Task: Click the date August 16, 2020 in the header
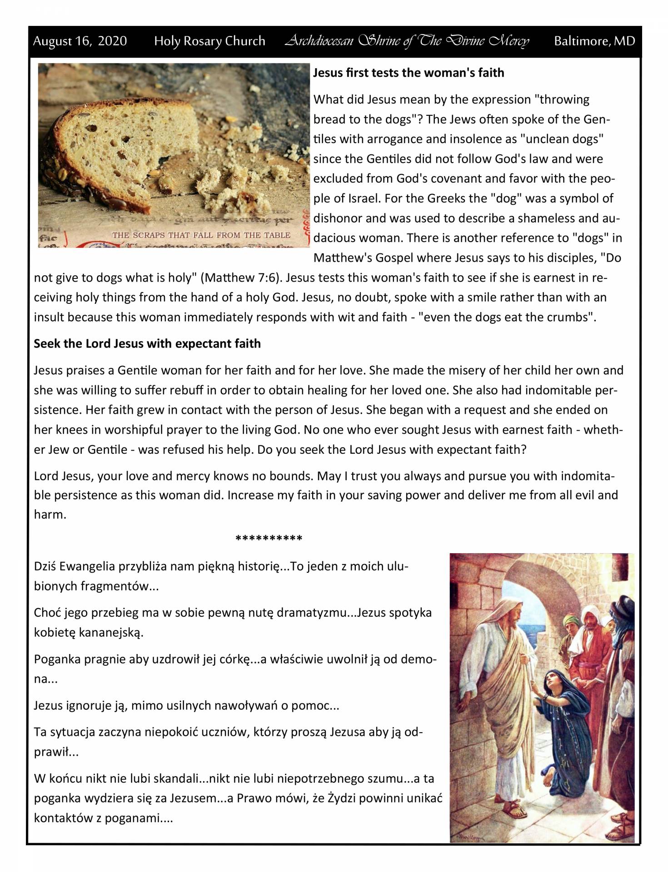tap(80, 41)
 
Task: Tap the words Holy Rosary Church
tap(209, 41)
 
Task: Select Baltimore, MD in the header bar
tap(594, 41)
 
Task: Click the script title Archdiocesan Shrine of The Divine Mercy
tap(407, 41)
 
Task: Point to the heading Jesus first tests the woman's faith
tap(409, 73)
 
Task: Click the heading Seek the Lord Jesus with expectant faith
tap(147, 343)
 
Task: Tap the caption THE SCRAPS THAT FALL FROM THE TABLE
tap(201, 235)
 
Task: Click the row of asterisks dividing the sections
tap(269, 539)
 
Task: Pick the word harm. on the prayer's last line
tap(50, 515)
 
